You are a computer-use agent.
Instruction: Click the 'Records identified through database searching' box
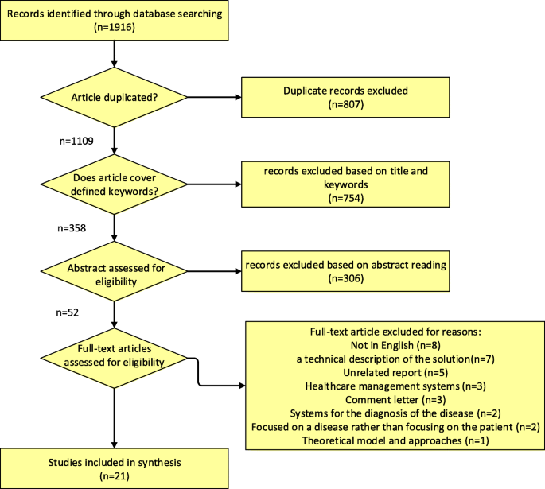(115, 21)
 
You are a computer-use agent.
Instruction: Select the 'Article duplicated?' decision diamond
(115, 99)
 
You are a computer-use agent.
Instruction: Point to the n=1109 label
(76, 142)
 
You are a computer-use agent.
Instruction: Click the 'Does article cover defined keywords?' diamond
(115, 184)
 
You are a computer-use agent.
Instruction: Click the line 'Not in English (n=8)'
(395, 344)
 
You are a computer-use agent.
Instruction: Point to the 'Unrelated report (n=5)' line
(395, 371)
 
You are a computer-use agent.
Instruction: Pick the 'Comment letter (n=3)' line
(395, 398)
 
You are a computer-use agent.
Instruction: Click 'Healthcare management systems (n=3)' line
(395, 385)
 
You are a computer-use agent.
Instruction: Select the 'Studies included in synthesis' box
(115, 468)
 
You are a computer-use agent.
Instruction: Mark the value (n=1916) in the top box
(115, 27)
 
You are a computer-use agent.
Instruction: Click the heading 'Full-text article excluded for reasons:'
(395, 331)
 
